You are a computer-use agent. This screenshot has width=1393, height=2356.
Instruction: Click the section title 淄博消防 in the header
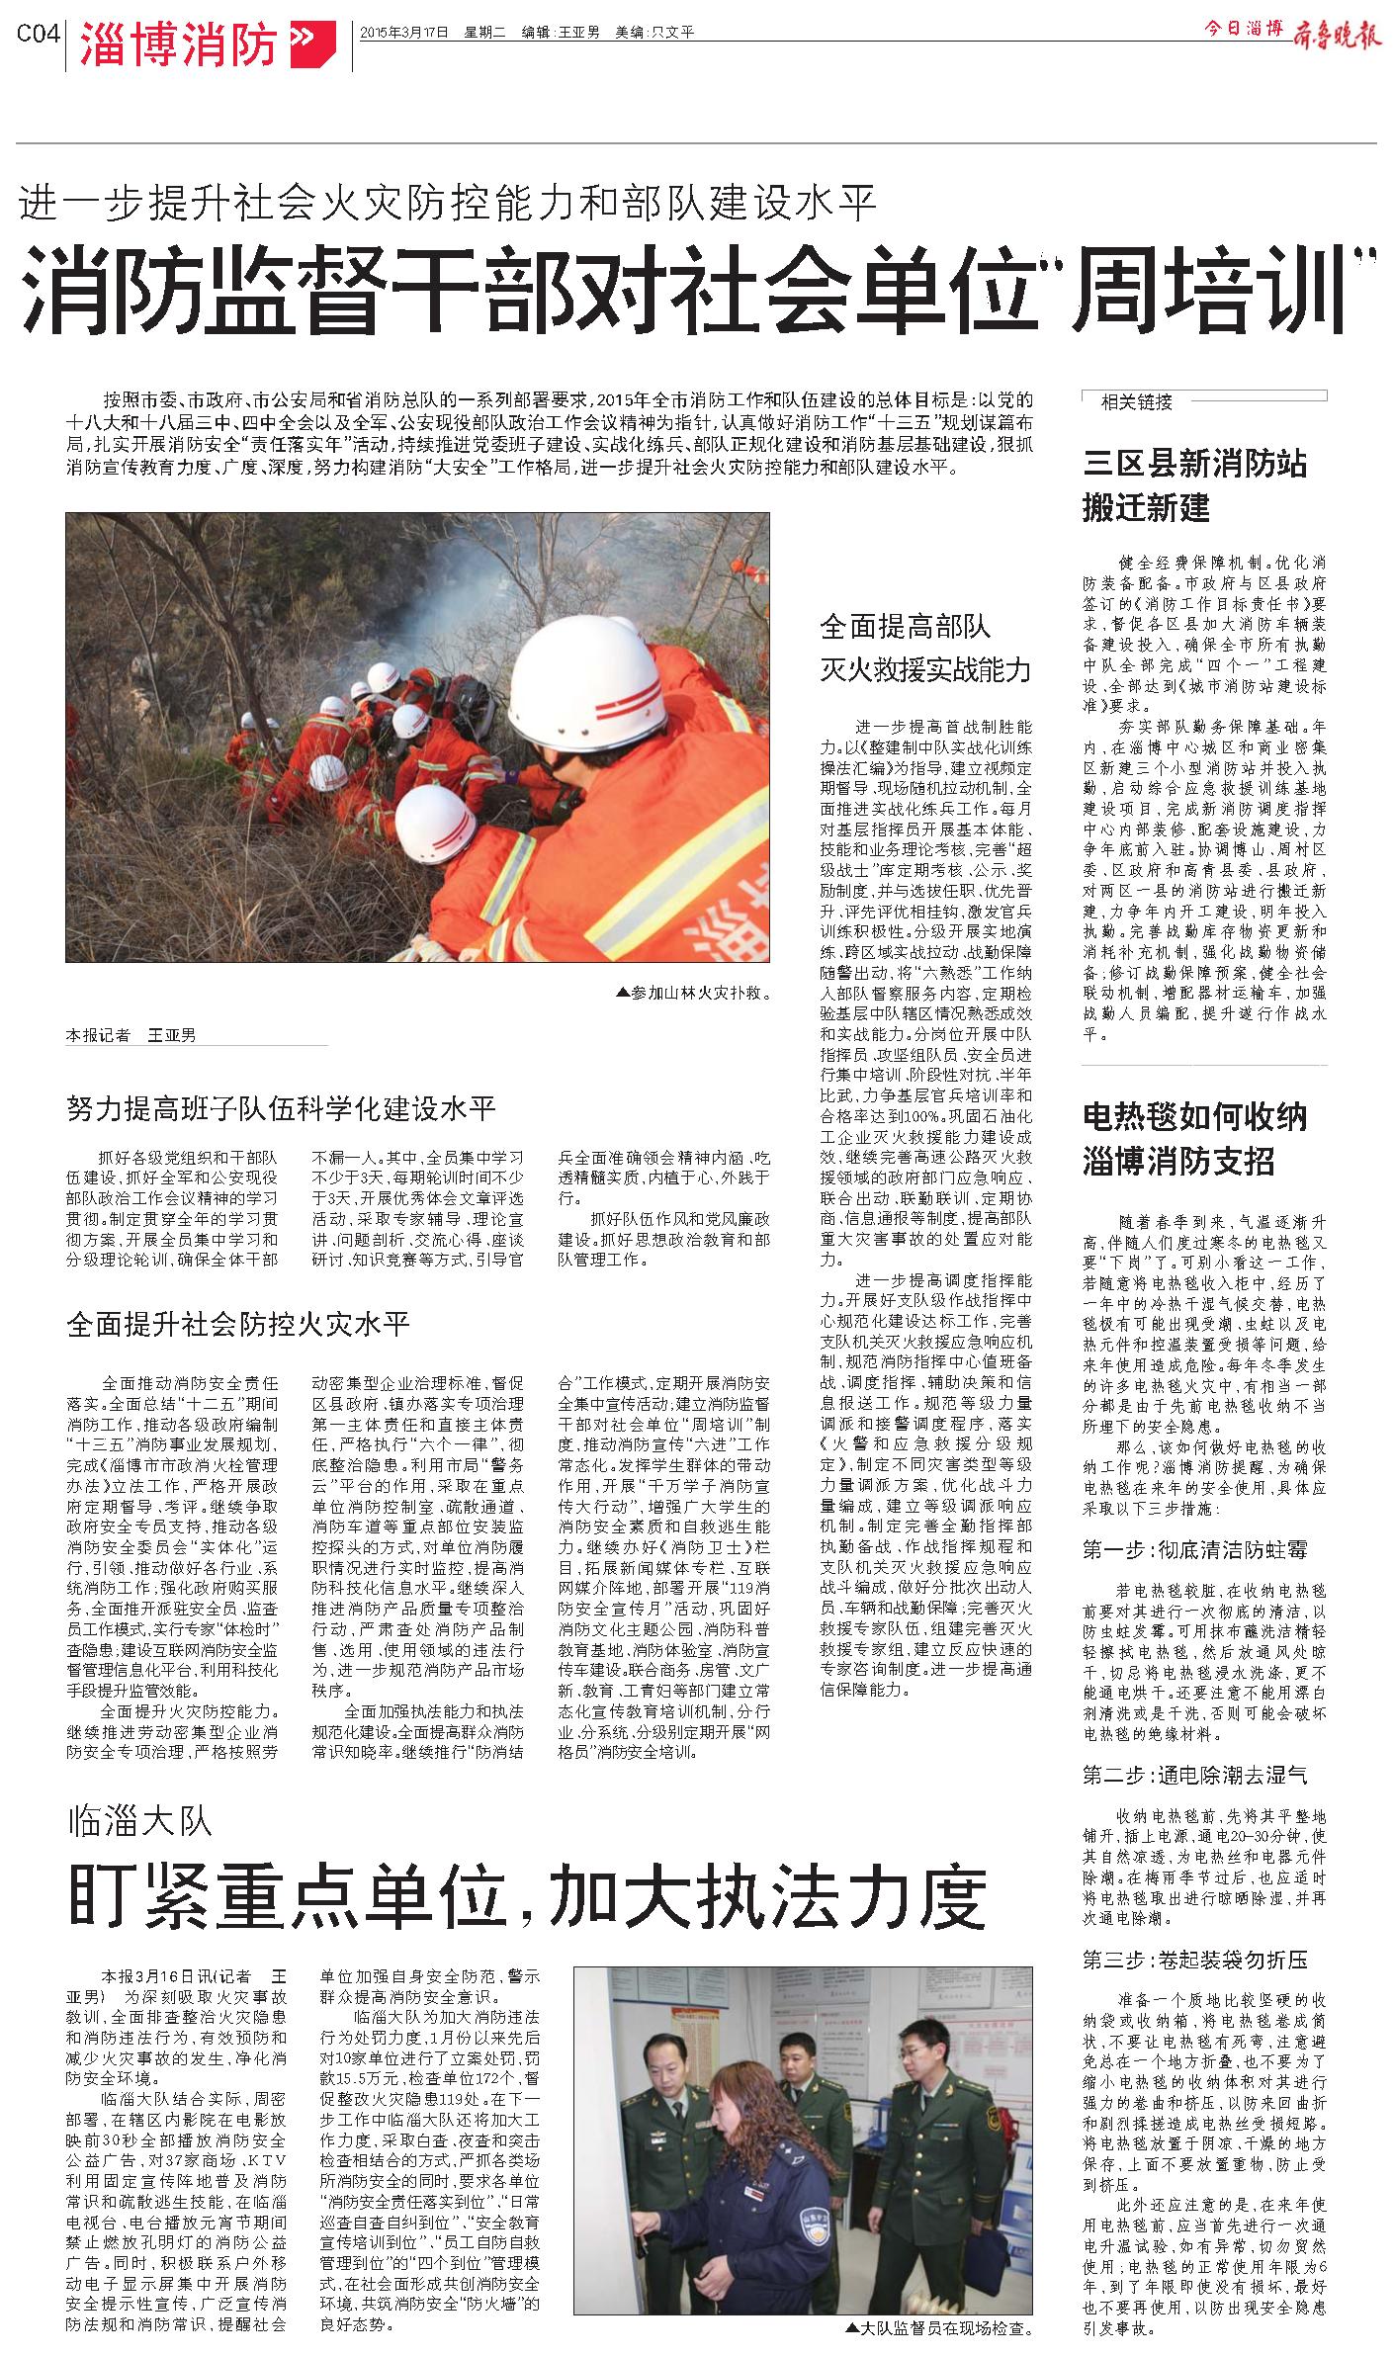[178, 44]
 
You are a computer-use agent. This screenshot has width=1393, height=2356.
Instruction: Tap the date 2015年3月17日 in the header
[404, 32]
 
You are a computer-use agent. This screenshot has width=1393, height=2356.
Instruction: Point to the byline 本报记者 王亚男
[131, 1035]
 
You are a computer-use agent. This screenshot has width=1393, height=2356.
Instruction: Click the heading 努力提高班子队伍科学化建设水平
[281, 1107]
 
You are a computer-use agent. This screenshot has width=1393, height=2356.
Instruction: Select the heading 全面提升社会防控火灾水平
[238, 1324]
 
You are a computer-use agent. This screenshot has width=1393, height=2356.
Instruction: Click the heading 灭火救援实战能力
[924, 671]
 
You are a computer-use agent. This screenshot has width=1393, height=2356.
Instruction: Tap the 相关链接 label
[1136, 401]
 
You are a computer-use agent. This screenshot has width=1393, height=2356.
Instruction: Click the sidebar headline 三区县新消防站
[1194, 463]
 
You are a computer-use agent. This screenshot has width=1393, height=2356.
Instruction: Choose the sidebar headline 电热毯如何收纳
[1194, 1116]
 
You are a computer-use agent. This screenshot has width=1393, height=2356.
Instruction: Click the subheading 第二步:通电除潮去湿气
[1194, 1775]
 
